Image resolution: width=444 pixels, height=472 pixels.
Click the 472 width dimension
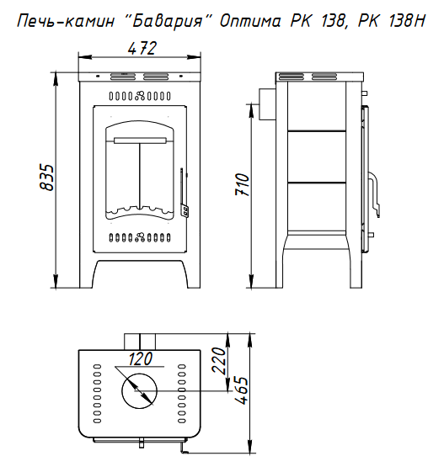[142, 48]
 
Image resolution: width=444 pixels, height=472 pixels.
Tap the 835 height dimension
[47, 178]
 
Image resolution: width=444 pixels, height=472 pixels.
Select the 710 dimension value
[243, 184]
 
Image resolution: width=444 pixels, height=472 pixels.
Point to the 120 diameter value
[141, 358]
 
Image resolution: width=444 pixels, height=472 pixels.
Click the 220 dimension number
[219, 361]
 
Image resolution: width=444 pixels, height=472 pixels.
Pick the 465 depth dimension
[242, 390]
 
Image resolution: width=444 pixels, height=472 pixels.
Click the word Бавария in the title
[169, 21]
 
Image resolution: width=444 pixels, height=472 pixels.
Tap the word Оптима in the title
[250, 21]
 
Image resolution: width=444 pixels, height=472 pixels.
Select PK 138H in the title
[392, 21]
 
